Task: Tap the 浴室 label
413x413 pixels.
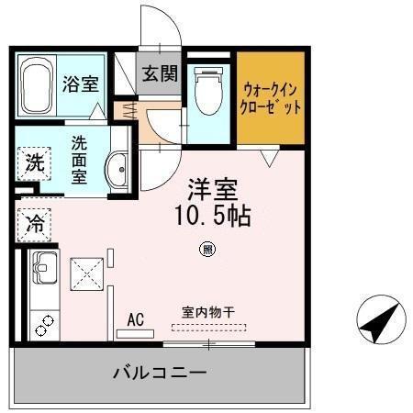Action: point(80,84)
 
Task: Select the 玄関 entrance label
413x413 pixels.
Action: point(160,74)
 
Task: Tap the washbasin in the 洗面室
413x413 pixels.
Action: point(117,168)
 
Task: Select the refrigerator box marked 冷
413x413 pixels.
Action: point(35,223)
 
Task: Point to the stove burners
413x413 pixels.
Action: point(42,322)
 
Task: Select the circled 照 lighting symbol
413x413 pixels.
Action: point(208,249)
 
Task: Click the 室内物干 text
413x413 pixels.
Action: point(207,312)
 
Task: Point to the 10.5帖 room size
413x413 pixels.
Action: point(213,218)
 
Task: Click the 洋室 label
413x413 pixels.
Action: point(213,191)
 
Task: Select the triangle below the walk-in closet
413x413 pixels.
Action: point(268,158)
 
